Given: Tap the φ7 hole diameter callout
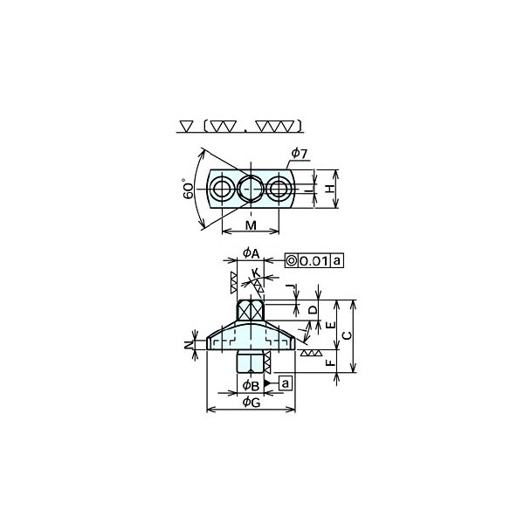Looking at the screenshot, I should pyautogui.click(x=298, y=154).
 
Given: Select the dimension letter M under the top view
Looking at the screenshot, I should pyautogui.click(x=250, y=226).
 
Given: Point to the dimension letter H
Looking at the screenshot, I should pyautogui.click(x=330, y=190).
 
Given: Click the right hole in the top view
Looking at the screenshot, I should pyautogui.click(x=279, y=190).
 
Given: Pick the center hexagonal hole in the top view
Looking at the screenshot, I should pyautogui.click(x=251, y=190).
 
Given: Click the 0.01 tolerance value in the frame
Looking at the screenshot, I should pyautogui.click(x=314, y=261).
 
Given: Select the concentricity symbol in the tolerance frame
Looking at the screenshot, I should pyautogui.click(x=292, y=261).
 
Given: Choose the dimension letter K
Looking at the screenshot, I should pyautogui.click(x=255, y=274).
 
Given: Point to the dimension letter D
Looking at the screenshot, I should pyautogui.click(x=314, y=310).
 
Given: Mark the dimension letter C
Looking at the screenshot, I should pyautogui.click(x=346, y=336).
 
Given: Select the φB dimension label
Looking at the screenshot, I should pyautogui.click(x=250, y=384).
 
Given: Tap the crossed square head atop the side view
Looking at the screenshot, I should pyautogui.click(x=251, y=309).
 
